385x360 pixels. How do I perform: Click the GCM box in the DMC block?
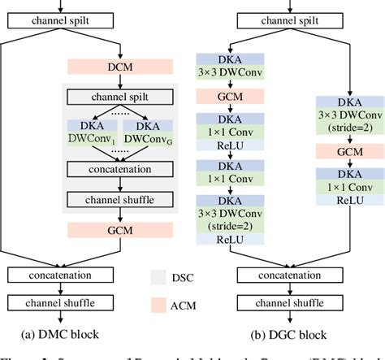[x=119, y=231]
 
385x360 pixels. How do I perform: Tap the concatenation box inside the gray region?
[x=119, y=170]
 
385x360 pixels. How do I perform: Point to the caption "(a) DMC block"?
[x=63, y=333]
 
